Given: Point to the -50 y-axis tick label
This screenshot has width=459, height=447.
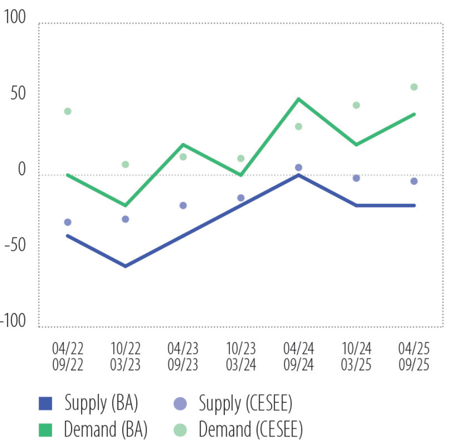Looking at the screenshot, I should [15, 245].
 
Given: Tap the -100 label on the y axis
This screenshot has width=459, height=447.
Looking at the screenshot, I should [14, 322].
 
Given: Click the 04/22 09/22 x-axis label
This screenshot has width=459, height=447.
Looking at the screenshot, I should [68, 356].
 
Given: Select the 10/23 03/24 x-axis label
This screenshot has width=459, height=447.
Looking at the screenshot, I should [241, 356].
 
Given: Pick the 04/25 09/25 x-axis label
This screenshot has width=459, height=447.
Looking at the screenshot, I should [414, 356].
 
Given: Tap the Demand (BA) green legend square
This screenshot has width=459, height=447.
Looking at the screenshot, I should [45, 430].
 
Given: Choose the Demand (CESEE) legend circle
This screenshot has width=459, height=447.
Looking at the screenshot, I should [181, 430].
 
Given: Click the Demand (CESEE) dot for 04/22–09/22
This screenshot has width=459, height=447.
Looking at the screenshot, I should [68, 112].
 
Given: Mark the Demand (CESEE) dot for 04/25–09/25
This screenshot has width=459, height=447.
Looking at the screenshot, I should [414, 87].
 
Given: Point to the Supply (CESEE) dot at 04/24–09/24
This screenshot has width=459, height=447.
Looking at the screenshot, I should [298, 168].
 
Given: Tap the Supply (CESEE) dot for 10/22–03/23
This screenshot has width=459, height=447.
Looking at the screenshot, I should [125, 219].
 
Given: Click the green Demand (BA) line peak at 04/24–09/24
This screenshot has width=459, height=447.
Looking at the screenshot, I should [298, 99].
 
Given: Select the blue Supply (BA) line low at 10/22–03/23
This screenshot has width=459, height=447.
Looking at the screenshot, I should [125, 266].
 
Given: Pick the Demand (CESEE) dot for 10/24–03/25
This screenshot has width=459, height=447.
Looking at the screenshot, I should [356, 105].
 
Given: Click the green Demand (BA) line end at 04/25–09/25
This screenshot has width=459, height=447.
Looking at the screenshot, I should [414, 114].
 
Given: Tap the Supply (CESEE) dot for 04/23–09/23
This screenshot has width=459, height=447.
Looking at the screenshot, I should [183, 206].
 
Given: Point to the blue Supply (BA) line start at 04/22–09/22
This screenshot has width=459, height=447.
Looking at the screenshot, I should [68, 235].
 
